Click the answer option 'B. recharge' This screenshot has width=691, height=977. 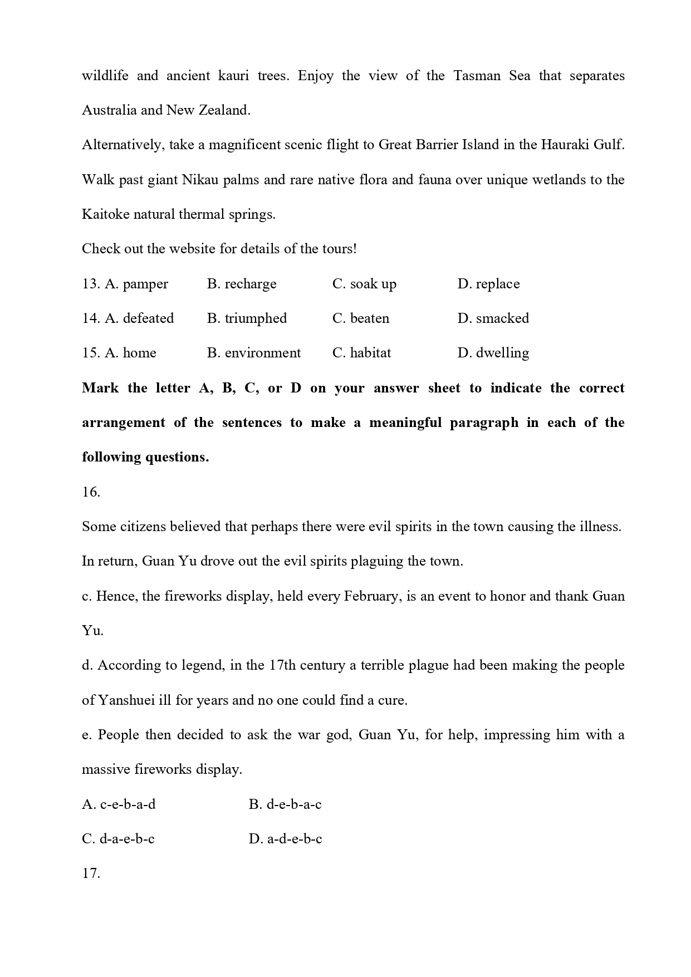pyautogui.click(x=242, y=284)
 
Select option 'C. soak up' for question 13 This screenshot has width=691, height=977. pyautogui.click(x=364, y=284)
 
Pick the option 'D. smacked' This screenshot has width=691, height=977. pyautogui.click(x=493, y=318)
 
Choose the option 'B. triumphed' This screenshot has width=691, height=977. pyautogui.click(x=247, y=318)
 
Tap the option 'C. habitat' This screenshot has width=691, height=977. pyautogui.click(x=361, y=353)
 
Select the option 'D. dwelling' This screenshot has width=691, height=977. pyautogui.click(x=493, y=353)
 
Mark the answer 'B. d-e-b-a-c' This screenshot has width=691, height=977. pyautogui.click(x=285, y=804)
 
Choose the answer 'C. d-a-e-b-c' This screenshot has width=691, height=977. pyautogui.click(x=118, y=839)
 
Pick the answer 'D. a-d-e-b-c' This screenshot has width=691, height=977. pyautogui.click(x=285, y=839)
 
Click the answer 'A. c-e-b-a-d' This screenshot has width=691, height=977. pyautogui.click(x=119, y=804)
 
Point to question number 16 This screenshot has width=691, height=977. pyautogui.click(x=91, y=492)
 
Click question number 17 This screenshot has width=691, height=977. pyautogui.click(x=91, y=873)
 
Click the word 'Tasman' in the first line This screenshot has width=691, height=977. pyautogui.click(x=477, y=76)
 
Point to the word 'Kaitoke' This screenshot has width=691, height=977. pyautogui.click(x=105, y=214)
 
